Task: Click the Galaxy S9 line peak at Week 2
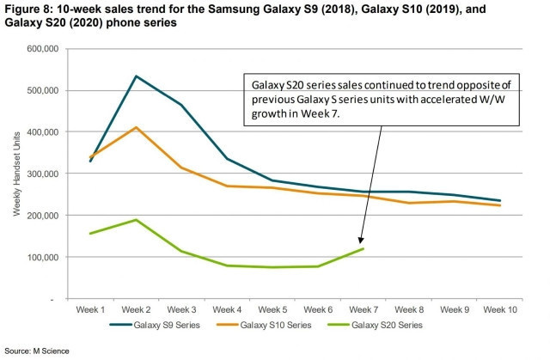point(136,76)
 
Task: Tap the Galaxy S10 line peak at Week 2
point(136,127)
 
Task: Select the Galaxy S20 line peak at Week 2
point(136,220)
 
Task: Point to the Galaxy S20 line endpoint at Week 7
point(364,248)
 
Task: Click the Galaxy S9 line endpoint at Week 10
point(500,201)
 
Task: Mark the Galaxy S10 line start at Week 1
point(90,157)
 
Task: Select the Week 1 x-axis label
point(90,308)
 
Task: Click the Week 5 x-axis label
point(272,308)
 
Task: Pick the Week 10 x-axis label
point(500,308)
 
